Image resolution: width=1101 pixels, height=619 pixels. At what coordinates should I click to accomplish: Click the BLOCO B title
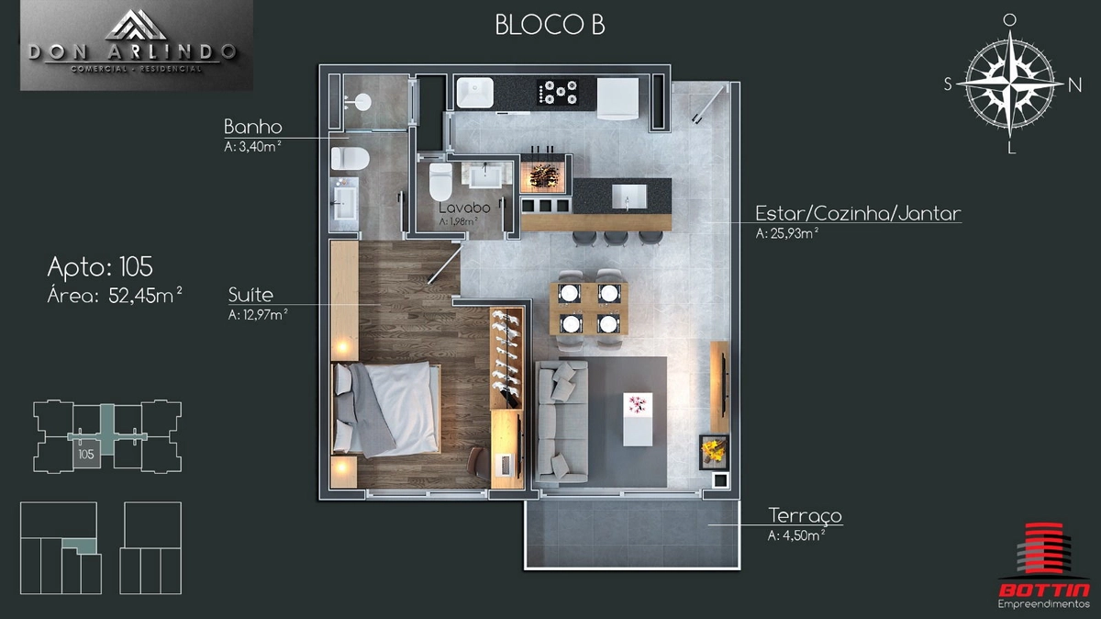(550, 25)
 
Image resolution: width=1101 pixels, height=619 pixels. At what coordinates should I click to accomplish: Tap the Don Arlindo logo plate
(136, 45)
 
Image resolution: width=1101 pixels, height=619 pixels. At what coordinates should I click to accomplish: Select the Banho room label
(253, 127)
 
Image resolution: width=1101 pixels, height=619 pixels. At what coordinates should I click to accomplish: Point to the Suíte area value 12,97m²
(258, 314)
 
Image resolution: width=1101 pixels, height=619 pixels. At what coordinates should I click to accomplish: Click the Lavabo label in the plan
(464, 208)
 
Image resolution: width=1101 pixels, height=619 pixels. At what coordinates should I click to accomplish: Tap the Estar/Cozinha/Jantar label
(858, 213)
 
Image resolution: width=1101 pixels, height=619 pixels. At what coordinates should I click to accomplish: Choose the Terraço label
(806, 515)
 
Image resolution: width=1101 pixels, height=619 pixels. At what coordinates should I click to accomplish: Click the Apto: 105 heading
(100, 266)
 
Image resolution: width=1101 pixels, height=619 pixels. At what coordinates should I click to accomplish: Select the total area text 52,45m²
(146, 295)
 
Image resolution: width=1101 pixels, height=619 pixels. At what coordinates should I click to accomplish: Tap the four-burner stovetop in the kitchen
(558, 92)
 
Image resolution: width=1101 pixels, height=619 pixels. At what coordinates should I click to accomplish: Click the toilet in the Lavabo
(440, 182)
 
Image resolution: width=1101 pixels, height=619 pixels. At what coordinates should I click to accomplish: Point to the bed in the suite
(386, 408)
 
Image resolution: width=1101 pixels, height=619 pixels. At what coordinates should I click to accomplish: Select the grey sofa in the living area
(562, 422)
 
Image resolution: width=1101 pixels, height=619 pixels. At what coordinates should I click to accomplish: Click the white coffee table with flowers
(638, 419)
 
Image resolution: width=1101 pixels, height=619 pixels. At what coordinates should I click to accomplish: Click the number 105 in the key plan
(86, 454)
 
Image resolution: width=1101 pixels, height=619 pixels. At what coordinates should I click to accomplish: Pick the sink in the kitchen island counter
(628, 197)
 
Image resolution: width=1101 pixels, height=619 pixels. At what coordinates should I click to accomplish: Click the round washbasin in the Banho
(361, 102)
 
